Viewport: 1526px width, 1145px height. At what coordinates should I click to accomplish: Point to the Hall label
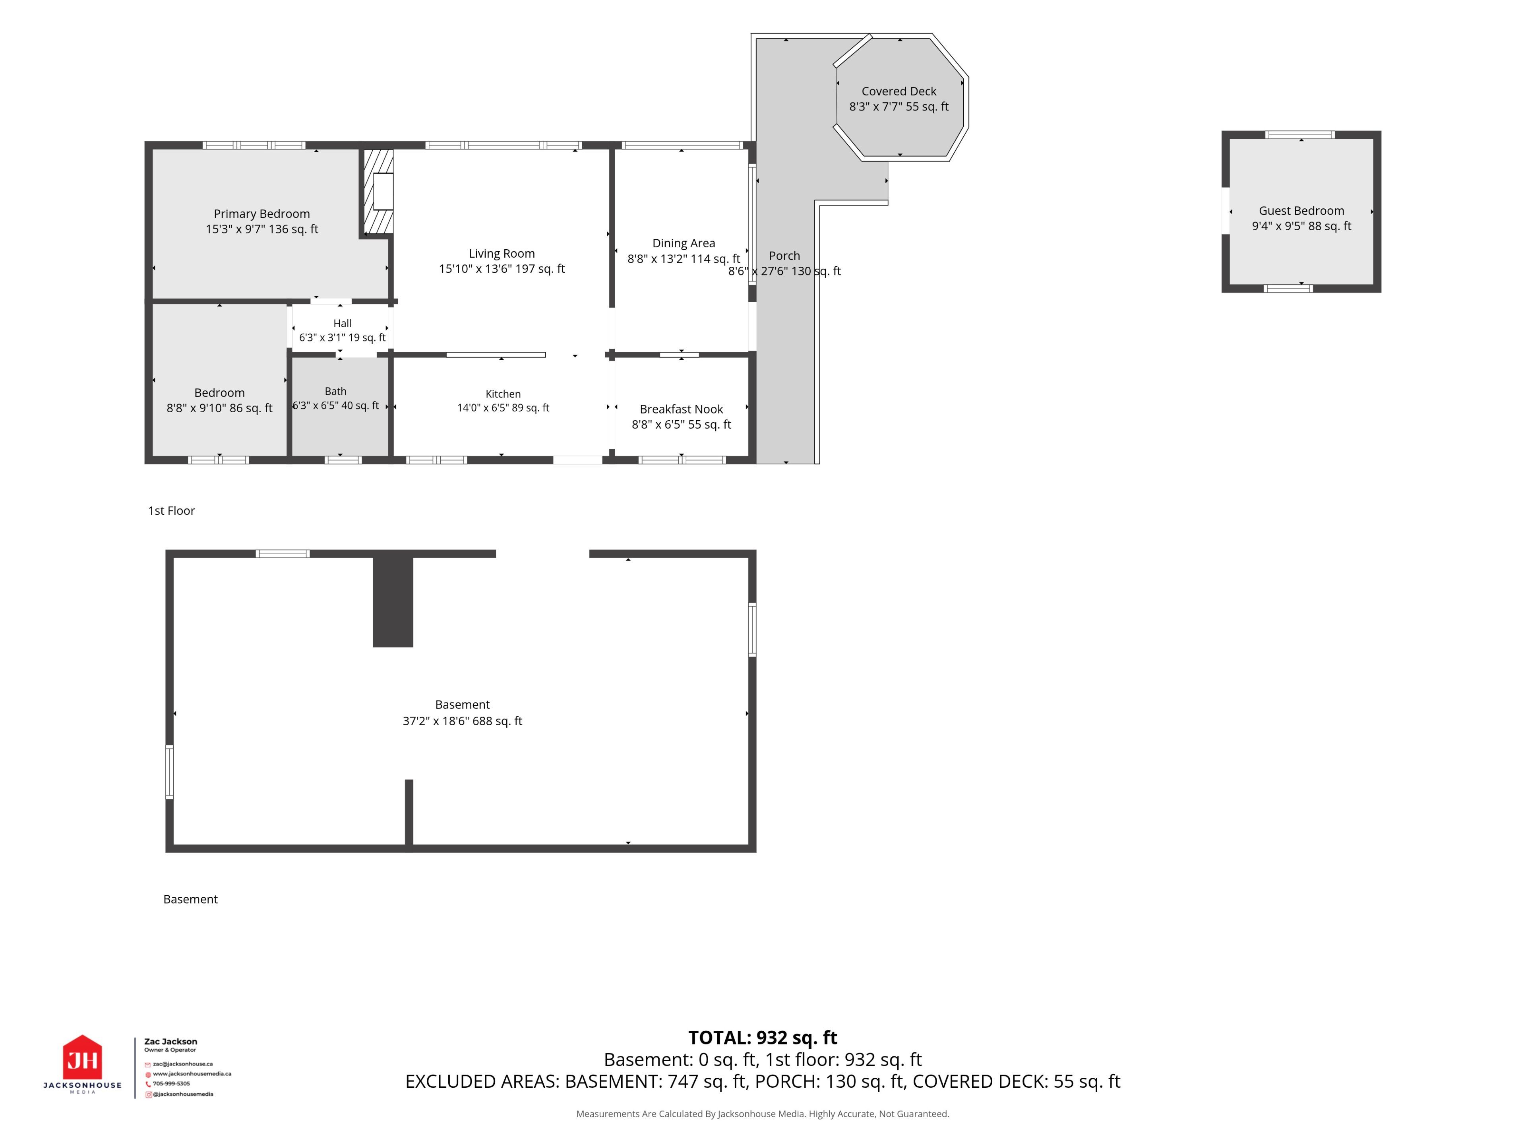pos(342,323)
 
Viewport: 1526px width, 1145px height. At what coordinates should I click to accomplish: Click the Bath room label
pos(336,391)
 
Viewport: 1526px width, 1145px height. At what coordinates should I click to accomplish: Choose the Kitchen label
pos(503,394)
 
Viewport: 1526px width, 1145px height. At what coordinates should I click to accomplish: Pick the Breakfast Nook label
pos(682,409)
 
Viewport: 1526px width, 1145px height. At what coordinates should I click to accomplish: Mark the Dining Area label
pos(684,243)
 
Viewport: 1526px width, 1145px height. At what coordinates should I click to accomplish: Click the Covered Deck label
pos(899,91)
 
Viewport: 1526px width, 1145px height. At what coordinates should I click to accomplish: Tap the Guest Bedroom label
pos(1301,210)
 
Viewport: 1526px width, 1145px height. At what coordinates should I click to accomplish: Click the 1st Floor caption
pos(172,511)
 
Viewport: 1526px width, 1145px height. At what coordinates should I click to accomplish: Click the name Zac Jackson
pos(170,1042)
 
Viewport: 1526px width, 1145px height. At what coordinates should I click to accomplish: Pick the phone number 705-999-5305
pos(171,1083)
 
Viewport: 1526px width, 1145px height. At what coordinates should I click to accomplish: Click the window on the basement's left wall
pos(170,772)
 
